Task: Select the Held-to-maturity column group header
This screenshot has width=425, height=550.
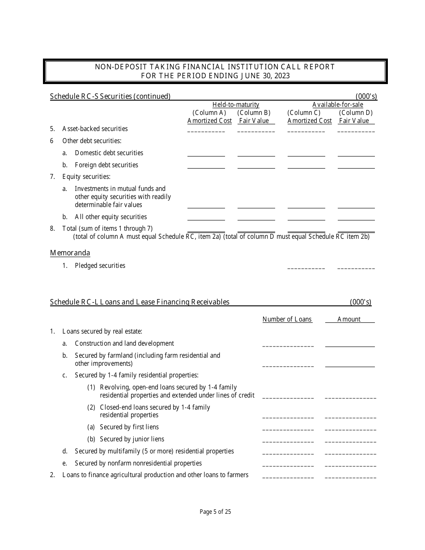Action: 236,105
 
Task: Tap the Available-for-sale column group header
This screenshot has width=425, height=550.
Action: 338,105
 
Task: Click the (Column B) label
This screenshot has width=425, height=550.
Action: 254,113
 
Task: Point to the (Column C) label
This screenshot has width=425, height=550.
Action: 304,113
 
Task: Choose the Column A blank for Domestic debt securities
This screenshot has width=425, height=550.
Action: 206,153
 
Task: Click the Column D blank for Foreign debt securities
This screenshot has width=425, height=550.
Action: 356,165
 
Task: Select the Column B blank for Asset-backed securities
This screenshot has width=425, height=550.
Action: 256,130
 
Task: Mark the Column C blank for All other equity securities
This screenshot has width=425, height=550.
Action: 306,217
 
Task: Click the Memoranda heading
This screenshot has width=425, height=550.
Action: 70,253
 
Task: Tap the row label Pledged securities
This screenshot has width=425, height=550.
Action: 100,266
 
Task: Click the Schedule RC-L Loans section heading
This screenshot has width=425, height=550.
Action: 140,302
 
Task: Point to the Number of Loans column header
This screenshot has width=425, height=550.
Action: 287,319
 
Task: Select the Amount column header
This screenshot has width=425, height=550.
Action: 349,319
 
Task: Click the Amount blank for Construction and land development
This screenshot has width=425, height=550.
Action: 350,344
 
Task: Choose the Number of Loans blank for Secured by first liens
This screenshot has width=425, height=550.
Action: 288,428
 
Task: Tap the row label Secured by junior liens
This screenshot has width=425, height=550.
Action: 132,439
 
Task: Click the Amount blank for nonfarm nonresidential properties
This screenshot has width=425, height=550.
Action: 350,464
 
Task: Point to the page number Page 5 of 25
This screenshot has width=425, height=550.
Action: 215,512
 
